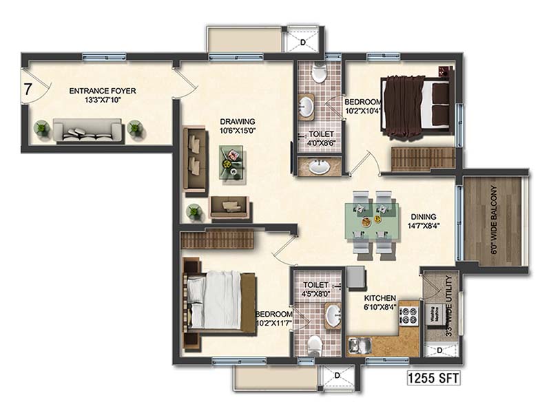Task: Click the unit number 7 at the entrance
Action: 28,88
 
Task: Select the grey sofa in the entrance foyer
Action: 88,130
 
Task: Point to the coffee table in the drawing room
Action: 234,163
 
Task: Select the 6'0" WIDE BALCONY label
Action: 493,220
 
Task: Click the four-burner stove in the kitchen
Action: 409,315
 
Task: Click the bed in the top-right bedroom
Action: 417,103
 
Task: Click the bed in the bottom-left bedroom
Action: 218,299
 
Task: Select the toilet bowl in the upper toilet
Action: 319,74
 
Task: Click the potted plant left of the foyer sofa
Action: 43,127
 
